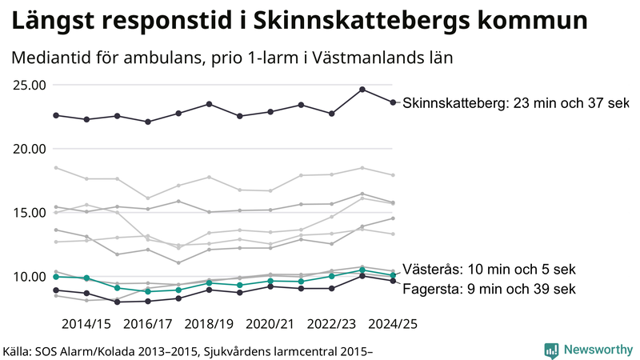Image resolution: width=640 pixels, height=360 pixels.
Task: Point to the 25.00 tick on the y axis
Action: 27,85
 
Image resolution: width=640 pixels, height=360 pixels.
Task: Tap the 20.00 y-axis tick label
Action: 27,149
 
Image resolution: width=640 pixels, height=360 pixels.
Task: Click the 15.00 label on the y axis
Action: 27,213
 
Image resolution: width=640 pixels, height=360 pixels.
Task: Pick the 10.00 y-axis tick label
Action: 27,277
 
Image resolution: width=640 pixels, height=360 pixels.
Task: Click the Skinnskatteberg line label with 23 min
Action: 516,103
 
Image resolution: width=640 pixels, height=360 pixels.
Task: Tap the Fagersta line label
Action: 488,288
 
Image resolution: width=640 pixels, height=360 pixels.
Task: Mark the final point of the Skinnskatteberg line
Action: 392,102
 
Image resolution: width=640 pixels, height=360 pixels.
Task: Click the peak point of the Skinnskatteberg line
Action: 362,90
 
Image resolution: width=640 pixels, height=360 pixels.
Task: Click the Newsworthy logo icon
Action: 551,350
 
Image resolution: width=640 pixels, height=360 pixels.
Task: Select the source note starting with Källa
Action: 189,350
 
